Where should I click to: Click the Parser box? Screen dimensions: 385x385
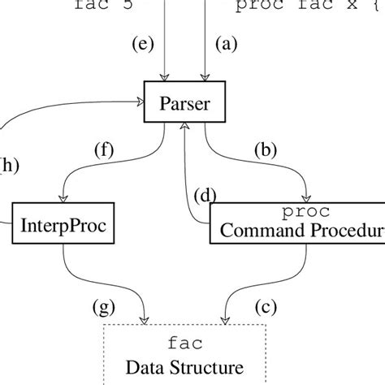pyautogui.click(x=186, y=102)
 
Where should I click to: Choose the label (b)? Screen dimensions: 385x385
pyautogui.click(x=265, y=149)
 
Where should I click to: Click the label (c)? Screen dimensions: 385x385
pyautogui.click(x=265, y=307)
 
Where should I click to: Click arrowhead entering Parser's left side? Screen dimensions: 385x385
pyautogui.click(x=141, y=102)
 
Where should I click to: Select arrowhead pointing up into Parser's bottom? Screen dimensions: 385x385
pyautogui.click(x=186, y=127)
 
